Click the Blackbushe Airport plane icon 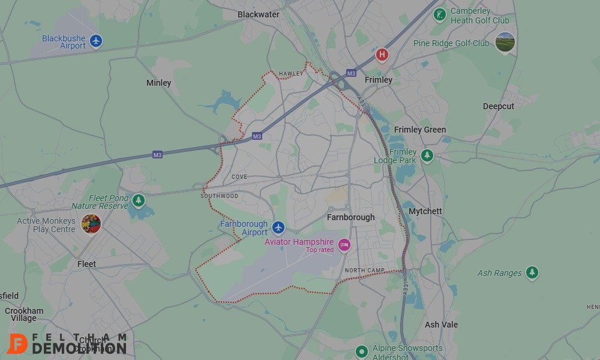(x=96, y=41)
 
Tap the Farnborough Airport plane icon (x=278, y=227)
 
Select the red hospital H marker (x=382, y=55)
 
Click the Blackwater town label (x=259, y=14)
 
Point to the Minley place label (x=158, y=83)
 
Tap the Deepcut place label (x=499, y=106)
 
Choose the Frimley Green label (x=420, y=130)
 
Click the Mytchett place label (x=425, y=211)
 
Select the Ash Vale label (x=441, y=325)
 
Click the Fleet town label (x=86, y=264)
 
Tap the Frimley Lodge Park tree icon (x=427, y=155)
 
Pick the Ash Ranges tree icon (x=532, y=273)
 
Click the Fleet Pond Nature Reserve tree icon (x=139, y=200)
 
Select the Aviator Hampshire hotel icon (x=344, y=244)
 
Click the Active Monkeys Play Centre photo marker (x=91, y=224)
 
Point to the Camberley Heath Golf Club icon (x=440, y=14)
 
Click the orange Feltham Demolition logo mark (x=17, y=343)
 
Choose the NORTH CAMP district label (x=365, y=271)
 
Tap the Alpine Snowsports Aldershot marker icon (x=361, y=351)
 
